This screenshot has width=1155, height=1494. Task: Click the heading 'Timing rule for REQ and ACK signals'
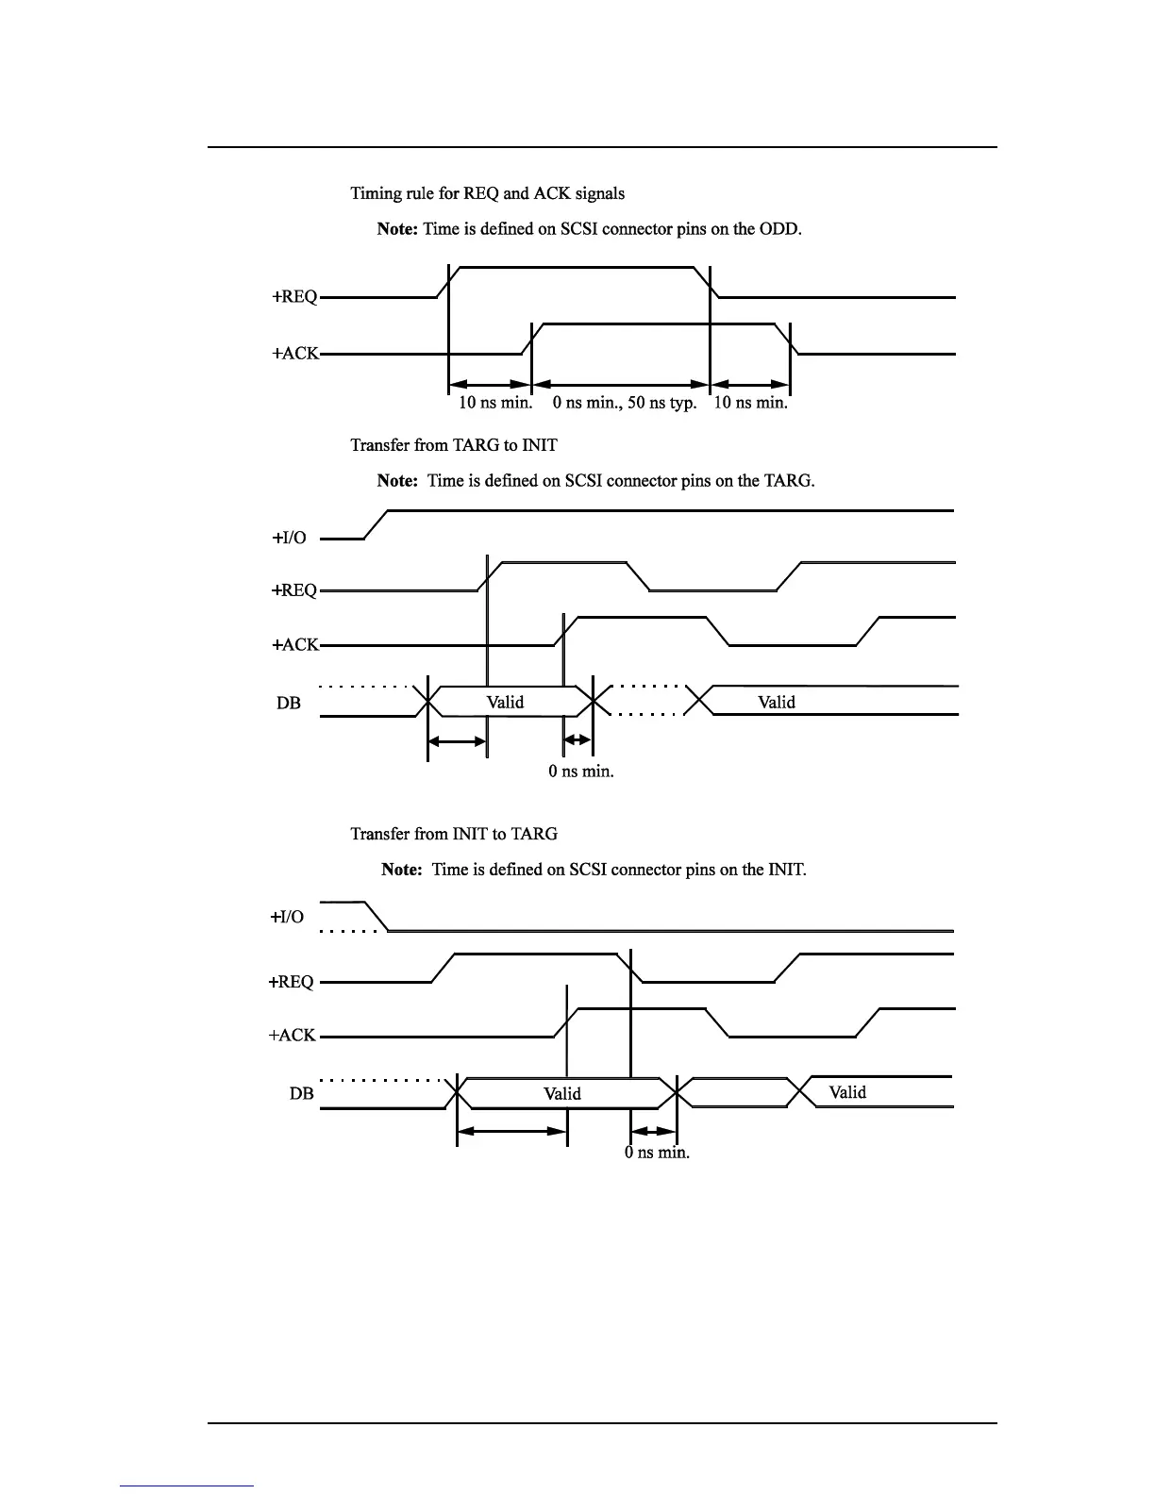pos(487,193)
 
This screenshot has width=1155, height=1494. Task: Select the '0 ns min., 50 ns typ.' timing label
pos(625,403)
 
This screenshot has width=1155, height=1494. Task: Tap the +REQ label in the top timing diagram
pos(294,297)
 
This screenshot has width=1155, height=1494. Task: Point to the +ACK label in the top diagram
pos(295,355)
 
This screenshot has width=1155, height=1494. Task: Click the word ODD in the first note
pos(779,229)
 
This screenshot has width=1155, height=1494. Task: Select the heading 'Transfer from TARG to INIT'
pos(453,445)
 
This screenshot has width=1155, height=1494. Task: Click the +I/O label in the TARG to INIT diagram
pos(289,539)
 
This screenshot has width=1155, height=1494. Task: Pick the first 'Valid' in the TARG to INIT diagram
pos(505,702)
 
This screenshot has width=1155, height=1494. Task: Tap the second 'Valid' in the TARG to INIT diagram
pos(777,702)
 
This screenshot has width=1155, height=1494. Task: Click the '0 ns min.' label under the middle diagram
pos(581,772)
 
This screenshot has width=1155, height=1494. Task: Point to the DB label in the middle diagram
pos(289,703)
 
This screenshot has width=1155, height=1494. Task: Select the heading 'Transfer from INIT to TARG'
pos(453,834)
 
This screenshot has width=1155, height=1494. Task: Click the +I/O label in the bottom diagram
pos(287,917)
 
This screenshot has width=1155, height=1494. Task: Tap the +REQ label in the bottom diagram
pos(291,982)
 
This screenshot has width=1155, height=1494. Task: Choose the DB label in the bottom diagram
pos(301,1094)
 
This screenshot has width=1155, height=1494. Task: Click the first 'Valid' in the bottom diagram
pos(562,1094)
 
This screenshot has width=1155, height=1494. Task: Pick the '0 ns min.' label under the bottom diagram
pos(657,1153)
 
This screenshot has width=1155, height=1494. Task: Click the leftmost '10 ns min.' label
pos(495,403)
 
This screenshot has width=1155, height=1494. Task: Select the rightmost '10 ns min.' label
pos(750,403)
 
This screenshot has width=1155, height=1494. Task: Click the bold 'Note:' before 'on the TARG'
pos(397,481)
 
